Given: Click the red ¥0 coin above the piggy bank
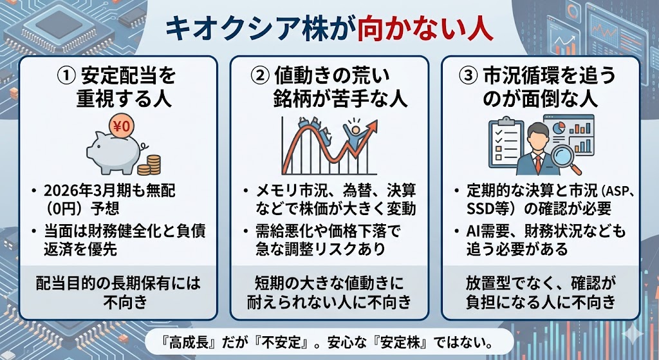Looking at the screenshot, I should coord(120,126).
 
